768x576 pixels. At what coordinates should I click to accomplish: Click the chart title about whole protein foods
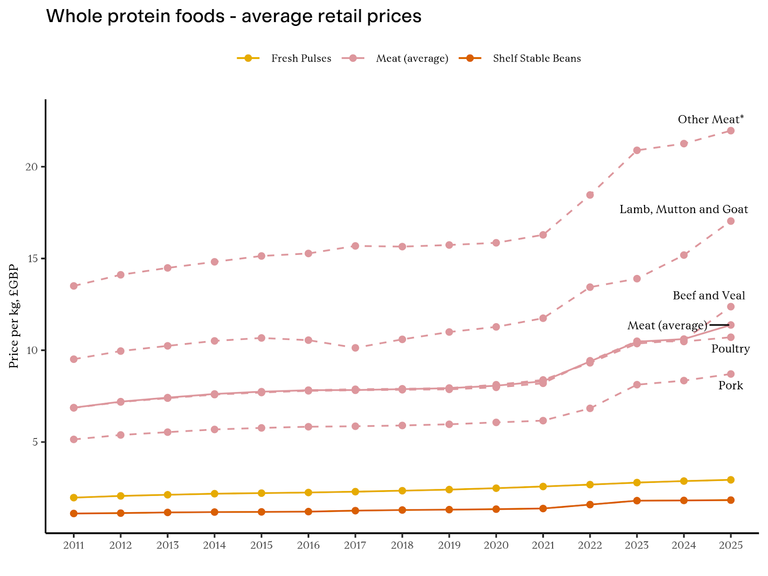pyautogui.click(x=234, y=17)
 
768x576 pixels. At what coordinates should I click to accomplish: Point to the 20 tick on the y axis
pyautogui.click(x=32, y=167)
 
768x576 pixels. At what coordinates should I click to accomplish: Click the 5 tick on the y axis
pyautogui.click(x=35, y=442)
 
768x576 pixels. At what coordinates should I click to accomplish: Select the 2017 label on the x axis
pyautogui.click(x=355, y=546)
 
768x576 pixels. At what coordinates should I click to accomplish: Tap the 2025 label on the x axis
pyautogui.click(x=731, y=546)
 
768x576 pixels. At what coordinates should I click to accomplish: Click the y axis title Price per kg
pyautogui.click(x=14, y=316)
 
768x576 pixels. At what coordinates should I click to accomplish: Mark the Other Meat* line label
pyautogui.click(x=711, y=119)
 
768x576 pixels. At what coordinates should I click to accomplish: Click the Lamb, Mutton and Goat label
pyautogui.click(x=684, y=209)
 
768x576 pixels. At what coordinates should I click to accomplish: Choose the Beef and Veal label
pyautogui.click(x=709, y=295)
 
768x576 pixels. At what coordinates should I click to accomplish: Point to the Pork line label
pyautogui.click(x=731, y=385)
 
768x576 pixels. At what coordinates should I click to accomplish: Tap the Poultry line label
pyautogui.click(x=731, y=349)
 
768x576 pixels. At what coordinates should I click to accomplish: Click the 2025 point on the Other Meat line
pyautogui.click(x=731, y=131)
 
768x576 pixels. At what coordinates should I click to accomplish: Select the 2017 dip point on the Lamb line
pyautogui.click(x=355, y=348)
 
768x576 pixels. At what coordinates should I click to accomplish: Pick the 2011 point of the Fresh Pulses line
pyautogui.click(x=73, y=498)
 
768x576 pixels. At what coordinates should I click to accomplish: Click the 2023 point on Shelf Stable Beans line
pyautogui.click(x=637, y=501)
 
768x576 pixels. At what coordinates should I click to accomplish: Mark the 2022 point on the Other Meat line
pyautogui.click(x=590, y=195)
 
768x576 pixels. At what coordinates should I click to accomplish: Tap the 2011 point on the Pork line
pyautogui.click(x=73, y=439)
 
